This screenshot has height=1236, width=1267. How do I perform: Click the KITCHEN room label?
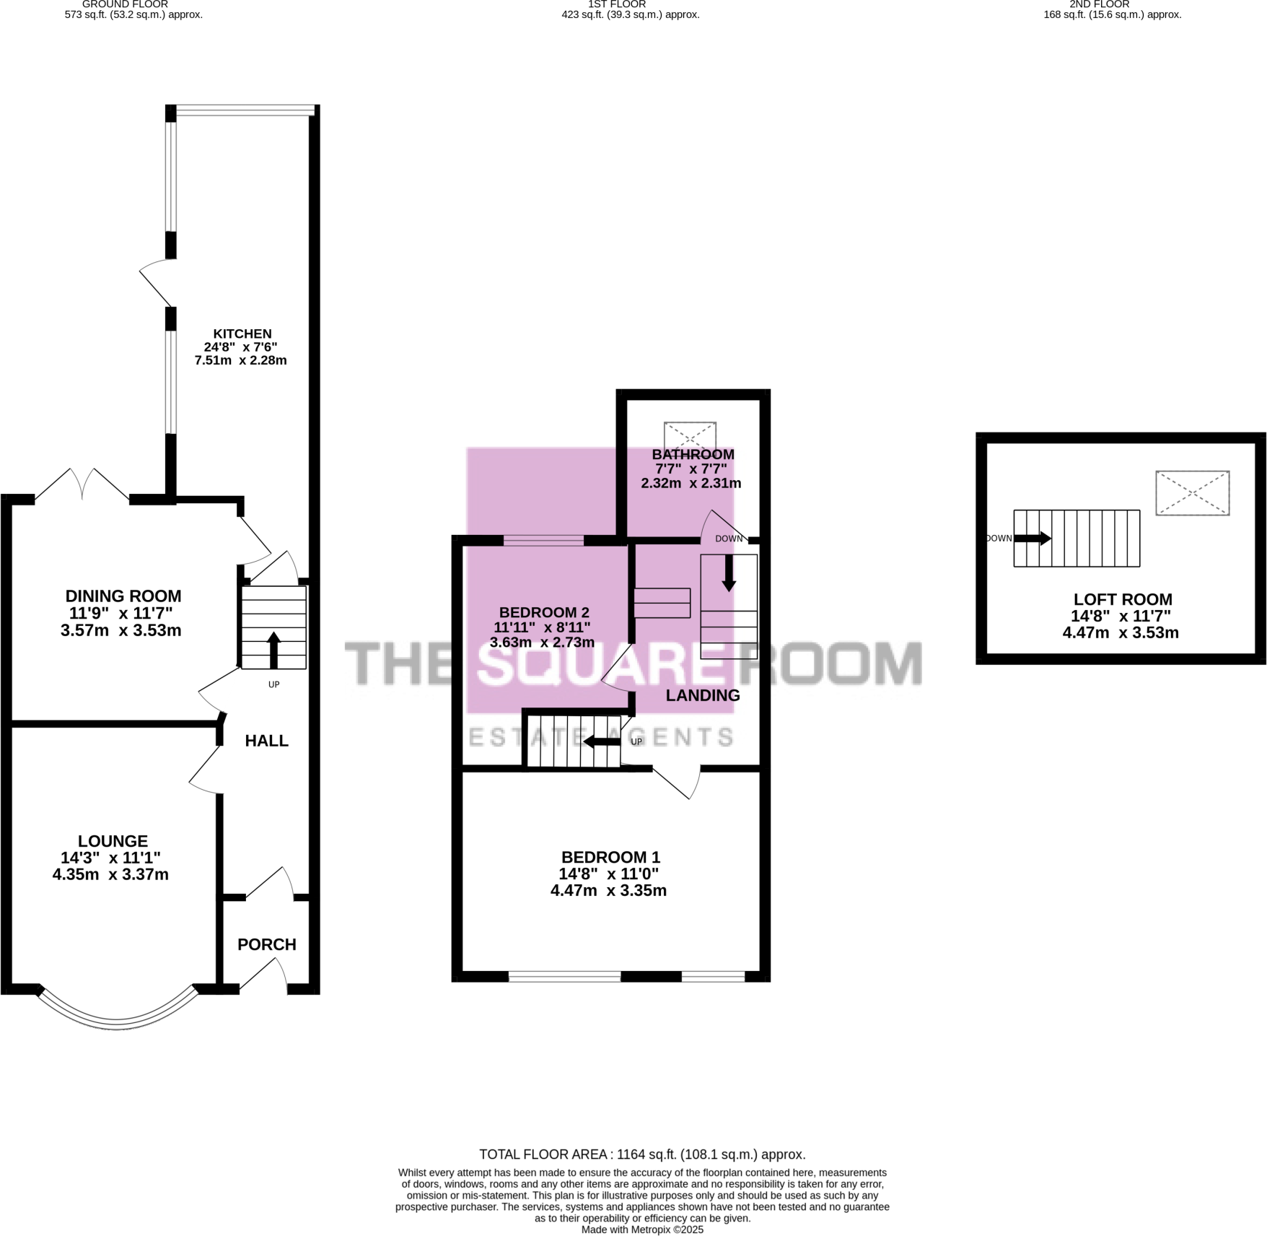coord(242,334)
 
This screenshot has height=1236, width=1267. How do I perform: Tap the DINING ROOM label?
coord(123,596)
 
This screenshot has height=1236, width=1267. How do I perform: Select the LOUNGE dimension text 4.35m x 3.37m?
coord(110,875)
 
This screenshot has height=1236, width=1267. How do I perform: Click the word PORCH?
coord(267,944)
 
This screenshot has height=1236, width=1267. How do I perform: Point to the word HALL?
coord(266,741)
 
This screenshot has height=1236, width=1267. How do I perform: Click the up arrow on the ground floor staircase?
coord(273,650)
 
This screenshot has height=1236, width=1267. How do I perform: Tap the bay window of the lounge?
coord(118,1018)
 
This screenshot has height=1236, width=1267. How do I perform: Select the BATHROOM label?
coord(693,454)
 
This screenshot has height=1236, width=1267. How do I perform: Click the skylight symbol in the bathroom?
coord(690,436)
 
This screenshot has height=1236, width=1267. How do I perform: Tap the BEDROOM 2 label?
coord(544,612)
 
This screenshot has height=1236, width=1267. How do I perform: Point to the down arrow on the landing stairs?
coord(729,573)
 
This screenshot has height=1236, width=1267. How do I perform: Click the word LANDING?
coord(702,695)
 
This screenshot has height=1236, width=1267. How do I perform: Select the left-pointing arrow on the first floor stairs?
coord(598,741)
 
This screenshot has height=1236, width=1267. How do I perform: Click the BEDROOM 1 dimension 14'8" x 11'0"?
coord(608,874)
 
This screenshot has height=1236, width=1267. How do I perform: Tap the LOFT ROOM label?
coord(1122,599)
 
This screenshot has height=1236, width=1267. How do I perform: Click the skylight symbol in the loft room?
coord(1192,493)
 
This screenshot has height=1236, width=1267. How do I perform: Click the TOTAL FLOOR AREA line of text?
coord(642,1154)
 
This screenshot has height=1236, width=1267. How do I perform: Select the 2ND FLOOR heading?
coord(1099,4)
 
